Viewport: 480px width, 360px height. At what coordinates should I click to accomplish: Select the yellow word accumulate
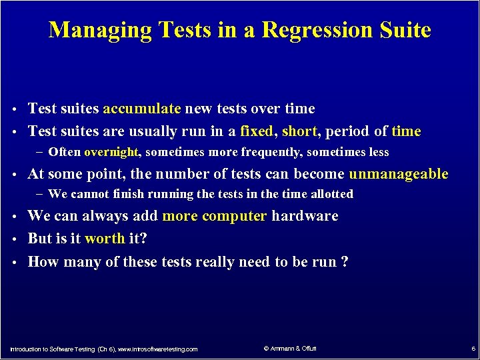[142, 109]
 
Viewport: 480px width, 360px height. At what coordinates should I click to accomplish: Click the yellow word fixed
[257, 131]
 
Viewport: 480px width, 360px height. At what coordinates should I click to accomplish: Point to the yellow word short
[299, 131]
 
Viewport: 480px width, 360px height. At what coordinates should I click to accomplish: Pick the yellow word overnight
[111, 152]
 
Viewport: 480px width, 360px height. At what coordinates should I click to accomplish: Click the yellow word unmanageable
[399, 175]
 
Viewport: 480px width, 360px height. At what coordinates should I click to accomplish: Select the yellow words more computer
[215, 216]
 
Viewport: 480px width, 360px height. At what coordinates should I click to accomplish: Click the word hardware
[305, 216]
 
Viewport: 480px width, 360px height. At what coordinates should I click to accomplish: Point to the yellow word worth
[105, 239]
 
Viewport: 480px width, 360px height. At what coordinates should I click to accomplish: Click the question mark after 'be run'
[344, 261]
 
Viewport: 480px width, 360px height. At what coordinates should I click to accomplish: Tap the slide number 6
[473, 349]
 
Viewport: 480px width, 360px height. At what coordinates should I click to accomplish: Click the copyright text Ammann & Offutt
[292, 348]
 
